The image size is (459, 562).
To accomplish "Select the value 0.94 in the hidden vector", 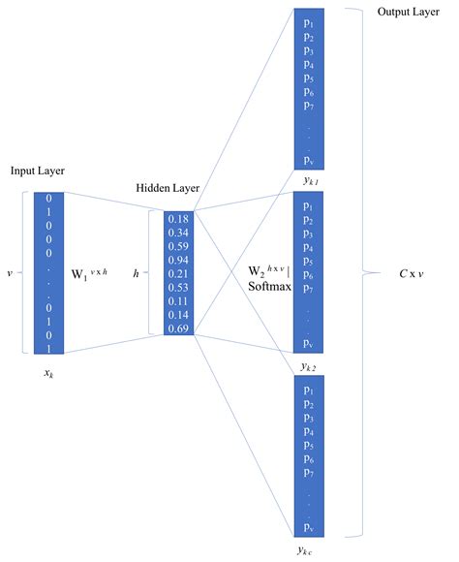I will click(x=177, y=260).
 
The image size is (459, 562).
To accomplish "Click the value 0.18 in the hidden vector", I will click(x=177, y=219).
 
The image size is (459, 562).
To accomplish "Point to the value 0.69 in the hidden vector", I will click(x=177, y=328).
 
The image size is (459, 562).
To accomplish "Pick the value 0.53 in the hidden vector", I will click(x=177, y=288).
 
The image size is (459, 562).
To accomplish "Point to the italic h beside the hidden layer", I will click(x=136, y=274).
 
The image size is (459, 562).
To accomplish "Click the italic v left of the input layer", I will click(x=9, y=273).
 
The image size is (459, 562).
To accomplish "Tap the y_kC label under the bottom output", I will click(x=308, y=551).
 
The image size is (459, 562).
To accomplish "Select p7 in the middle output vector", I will click(x=308, y=289).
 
